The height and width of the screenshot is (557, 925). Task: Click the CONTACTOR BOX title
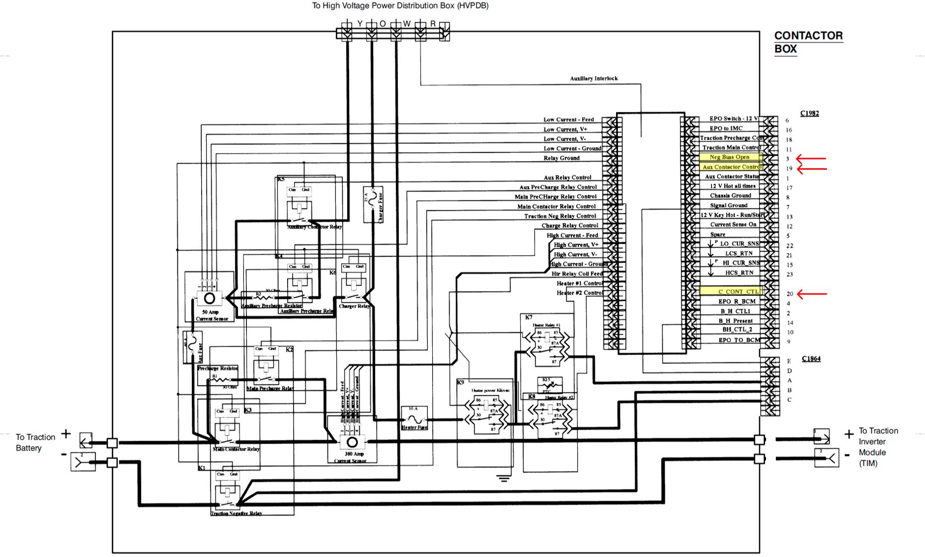pos(808,42)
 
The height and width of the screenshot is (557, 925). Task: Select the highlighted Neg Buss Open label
pos(729,157)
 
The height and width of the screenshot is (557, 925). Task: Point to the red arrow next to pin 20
pos(812,294)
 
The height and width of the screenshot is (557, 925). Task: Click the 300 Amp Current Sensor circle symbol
pos(352,442)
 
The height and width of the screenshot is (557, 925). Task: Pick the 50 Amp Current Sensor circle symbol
pos(210,298)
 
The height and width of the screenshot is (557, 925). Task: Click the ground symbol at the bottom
pos(504,478)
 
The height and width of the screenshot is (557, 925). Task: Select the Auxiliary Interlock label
pos(594,79)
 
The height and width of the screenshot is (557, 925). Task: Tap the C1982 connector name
pos(809,113)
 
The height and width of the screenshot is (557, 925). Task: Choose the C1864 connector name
pos(811,359)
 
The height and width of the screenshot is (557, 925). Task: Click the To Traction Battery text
pos(35,442)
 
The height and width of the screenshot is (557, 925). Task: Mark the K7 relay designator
pos(529,317)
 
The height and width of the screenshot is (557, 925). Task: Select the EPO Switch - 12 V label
pos(733,119)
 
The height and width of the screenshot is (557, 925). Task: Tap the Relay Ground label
pos(561,158)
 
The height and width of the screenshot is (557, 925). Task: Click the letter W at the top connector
pos(407,23)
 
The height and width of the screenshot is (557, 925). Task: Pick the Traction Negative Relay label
pos(236,513)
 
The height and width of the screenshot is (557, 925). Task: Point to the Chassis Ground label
pos(730,195)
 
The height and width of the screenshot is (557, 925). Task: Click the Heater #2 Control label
pos(579,293)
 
